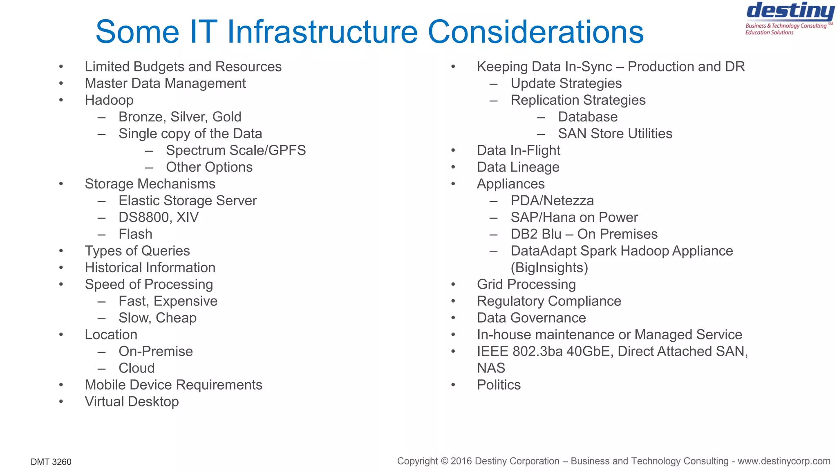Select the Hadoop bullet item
(x=109, y=100)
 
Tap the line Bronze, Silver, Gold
(x=180, y=117)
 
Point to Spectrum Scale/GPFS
(x=236, y=150)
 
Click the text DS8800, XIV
(x=159, y=218)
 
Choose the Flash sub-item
(x=135, y=234)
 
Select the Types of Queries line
(x=137, y=251)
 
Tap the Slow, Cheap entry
(x=157, y=318)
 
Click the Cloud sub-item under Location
(x=137, y=368)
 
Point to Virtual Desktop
(x=132, y=402)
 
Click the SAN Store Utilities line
(x=615, y=134)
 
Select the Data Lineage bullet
(x=518, y=167)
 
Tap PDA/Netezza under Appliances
(x=552, y=201)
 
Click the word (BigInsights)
(x=549, y=268)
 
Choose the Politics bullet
(x=499, y=385)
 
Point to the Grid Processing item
(x=526, y=285)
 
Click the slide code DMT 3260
(x=51, y=462)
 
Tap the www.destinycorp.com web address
(x=784, y=461)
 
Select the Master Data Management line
(x=165, y=83)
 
